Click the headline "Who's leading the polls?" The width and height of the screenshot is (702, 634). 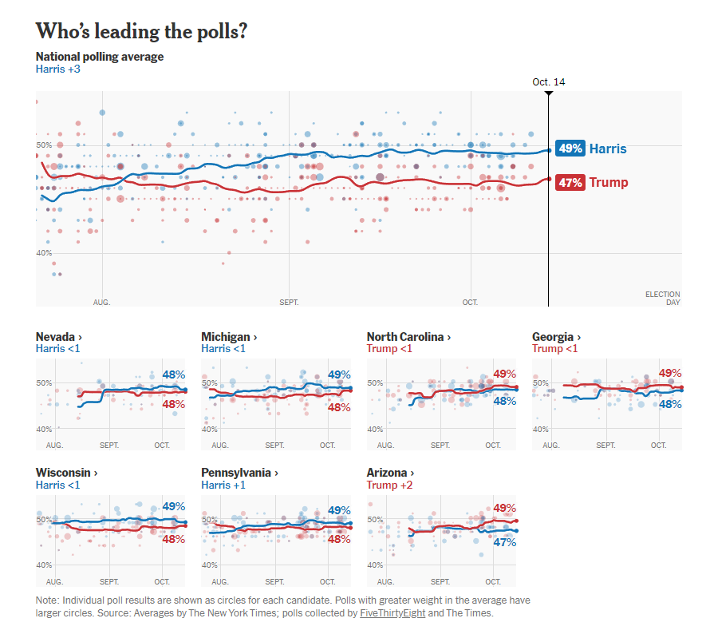[x=141, y=31]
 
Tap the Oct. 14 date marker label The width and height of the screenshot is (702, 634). [x=548, y=82]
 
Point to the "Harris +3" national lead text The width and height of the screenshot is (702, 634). [x=58, y=69]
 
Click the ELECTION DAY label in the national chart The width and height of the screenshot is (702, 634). [x=662, y=299]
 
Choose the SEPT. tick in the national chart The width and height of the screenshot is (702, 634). [x=289, y=303]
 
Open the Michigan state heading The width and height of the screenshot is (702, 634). [x=229, y=337]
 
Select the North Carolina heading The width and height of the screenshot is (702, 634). [x=408, y=337]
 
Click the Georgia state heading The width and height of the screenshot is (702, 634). [x=556, y=337]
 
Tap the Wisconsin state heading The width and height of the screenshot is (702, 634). [x=66, y=473]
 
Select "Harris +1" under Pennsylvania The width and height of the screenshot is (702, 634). [x=226, y=485]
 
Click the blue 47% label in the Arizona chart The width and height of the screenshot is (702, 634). [x=505, y=542]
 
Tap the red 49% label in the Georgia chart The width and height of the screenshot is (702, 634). [x=670, y=373]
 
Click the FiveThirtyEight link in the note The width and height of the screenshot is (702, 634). [x=392, y=613]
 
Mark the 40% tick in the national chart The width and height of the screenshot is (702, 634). [x=43, y=253]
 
